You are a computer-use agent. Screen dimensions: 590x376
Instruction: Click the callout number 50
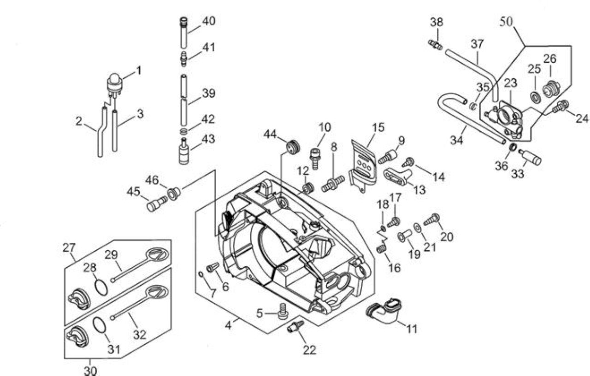click(506, 22)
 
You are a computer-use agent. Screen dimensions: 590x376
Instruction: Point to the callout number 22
click(309, 350)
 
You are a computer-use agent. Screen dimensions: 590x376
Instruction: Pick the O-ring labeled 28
click(101, 287)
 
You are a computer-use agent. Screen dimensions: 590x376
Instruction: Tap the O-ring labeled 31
click(99, 325)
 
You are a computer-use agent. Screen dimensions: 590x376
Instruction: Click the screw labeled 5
click(283, 311)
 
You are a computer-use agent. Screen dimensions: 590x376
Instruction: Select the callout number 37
click(477, 44)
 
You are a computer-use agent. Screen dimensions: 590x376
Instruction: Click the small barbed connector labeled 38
click(435, 45)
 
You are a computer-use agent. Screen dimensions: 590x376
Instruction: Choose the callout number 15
click(378, 127)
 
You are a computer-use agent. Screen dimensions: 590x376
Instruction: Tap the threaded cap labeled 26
click(551, 89)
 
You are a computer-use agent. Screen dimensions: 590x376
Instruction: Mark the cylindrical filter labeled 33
click(530, 157)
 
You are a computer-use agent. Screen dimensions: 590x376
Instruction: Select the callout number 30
click(90, 371)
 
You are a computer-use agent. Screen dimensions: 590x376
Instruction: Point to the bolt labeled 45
click(157, 204)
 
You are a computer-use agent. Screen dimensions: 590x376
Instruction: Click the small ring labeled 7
click(201, 274)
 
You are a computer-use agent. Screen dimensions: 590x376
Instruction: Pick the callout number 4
click(228, 325)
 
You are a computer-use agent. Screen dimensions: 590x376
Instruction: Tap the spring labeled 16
click(381, 248)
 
